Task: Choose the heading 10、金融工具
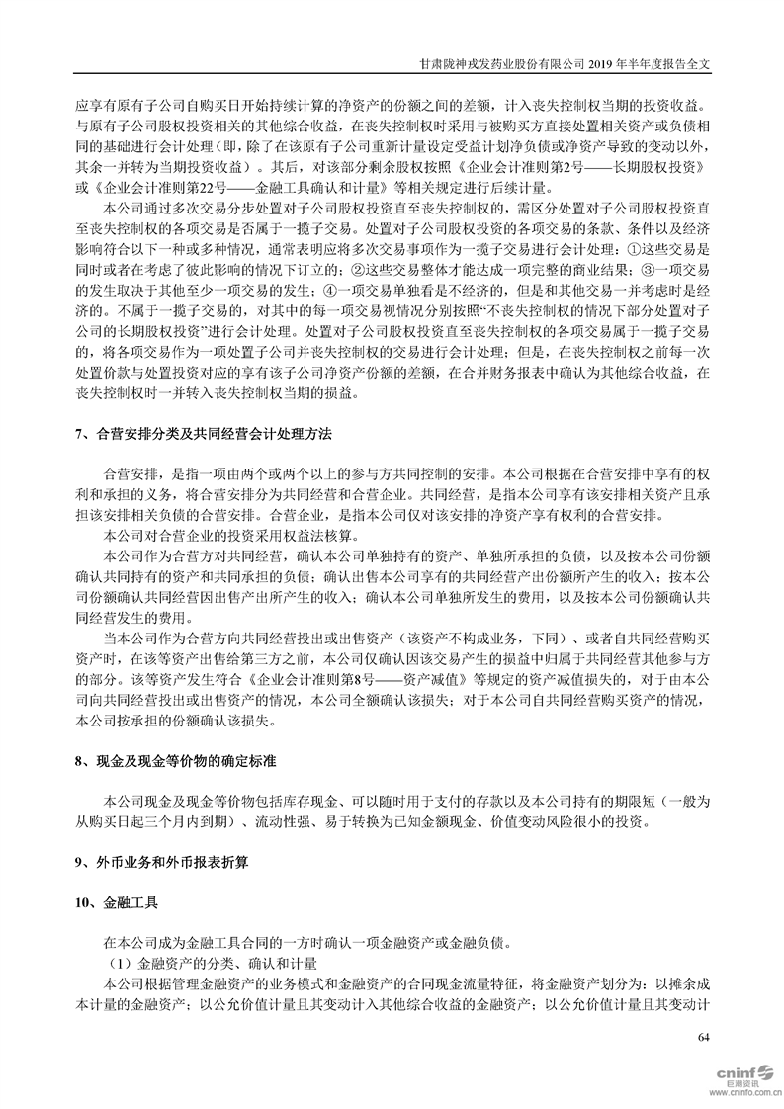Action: pos(116,903)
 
